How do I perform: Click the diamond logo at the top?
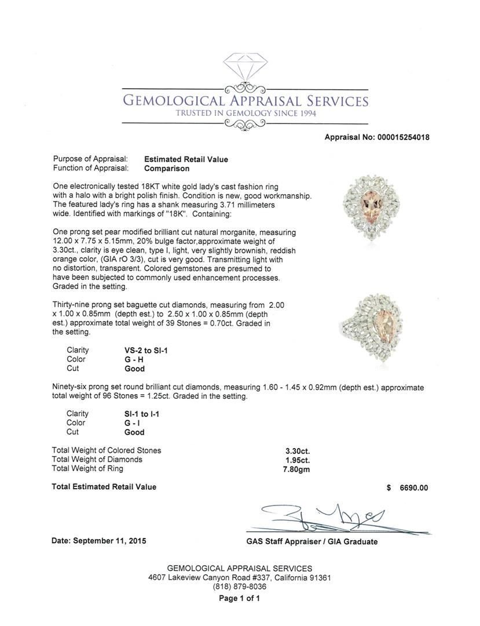click(x=246, y=70)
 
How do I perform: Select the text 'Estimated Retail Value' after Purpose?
click(x=186, y=159)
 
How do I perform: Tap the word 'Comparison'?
click(x=167, y=169)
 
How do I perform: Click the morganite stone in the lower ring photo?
click(x=377, y=330)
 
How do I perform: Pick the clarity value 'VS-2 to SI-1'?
click(x=142, y=350)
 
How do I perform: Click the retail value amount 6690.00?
click(x=413, y=487)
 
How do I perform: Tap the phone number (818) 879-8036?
click(x=239, y=587)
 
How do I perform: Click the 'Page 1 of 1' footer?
click(x=239, y=599)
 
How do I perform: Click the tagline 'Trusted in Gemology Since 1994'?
click(x=246, y=113)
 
